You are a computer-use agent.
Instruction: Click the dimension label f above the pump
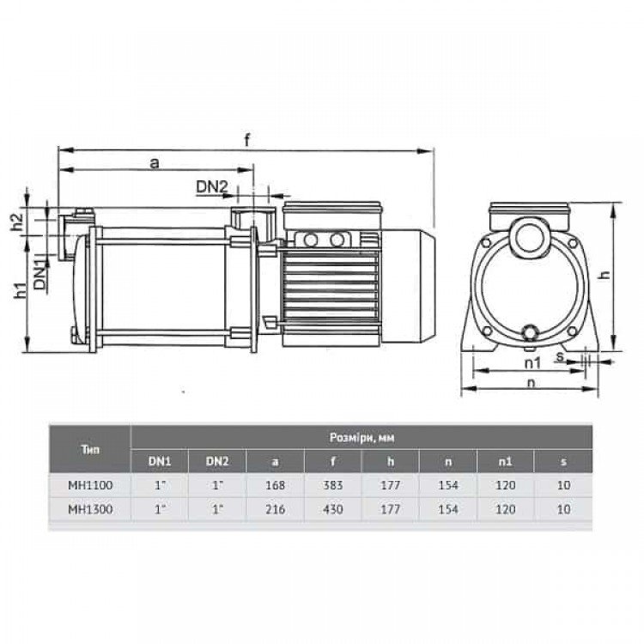point(246,140)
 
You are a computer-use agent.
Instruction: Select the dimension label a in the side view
point(154,163)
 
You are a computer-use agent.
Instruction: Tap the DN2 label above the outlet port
point(211,187)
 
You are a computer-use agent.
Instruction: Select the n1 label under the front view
point(532,362)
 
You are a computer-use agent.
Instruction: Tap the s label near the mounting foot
point(560,356)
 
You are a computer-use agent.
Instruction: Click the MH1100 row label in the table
point(90,485)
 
